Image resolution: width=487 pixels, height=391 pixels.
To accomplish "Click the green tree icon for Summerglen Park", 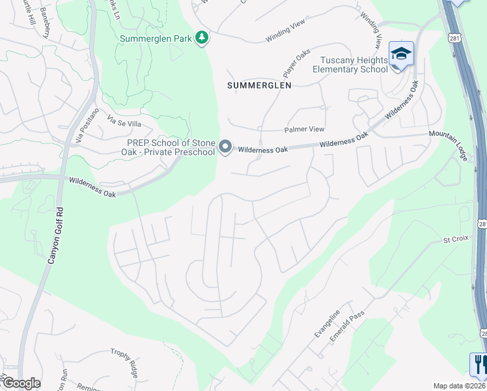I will tap(202, 38).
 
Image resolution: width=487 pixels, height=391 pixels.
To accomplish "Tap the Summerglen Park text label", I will tap(156, 38).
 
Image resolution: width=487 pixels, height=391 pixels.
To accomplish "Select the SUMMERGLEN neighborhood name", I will tap(258, 85).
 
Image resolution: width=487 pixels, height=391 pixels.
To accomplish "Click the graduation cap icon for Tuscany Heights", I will tap(401, 53).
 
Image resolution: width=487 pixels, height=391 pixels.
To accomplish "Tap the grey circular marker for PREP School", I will tap(225, 147).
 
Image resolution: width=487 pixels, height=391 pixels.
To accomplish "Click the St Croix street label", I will tap(456, 239).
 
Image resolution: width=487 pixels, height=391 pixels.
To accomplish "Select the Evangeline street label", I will tap(327, 323).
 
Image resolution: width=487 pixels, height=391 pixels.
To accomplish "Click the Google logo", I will tap(21, 383).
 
